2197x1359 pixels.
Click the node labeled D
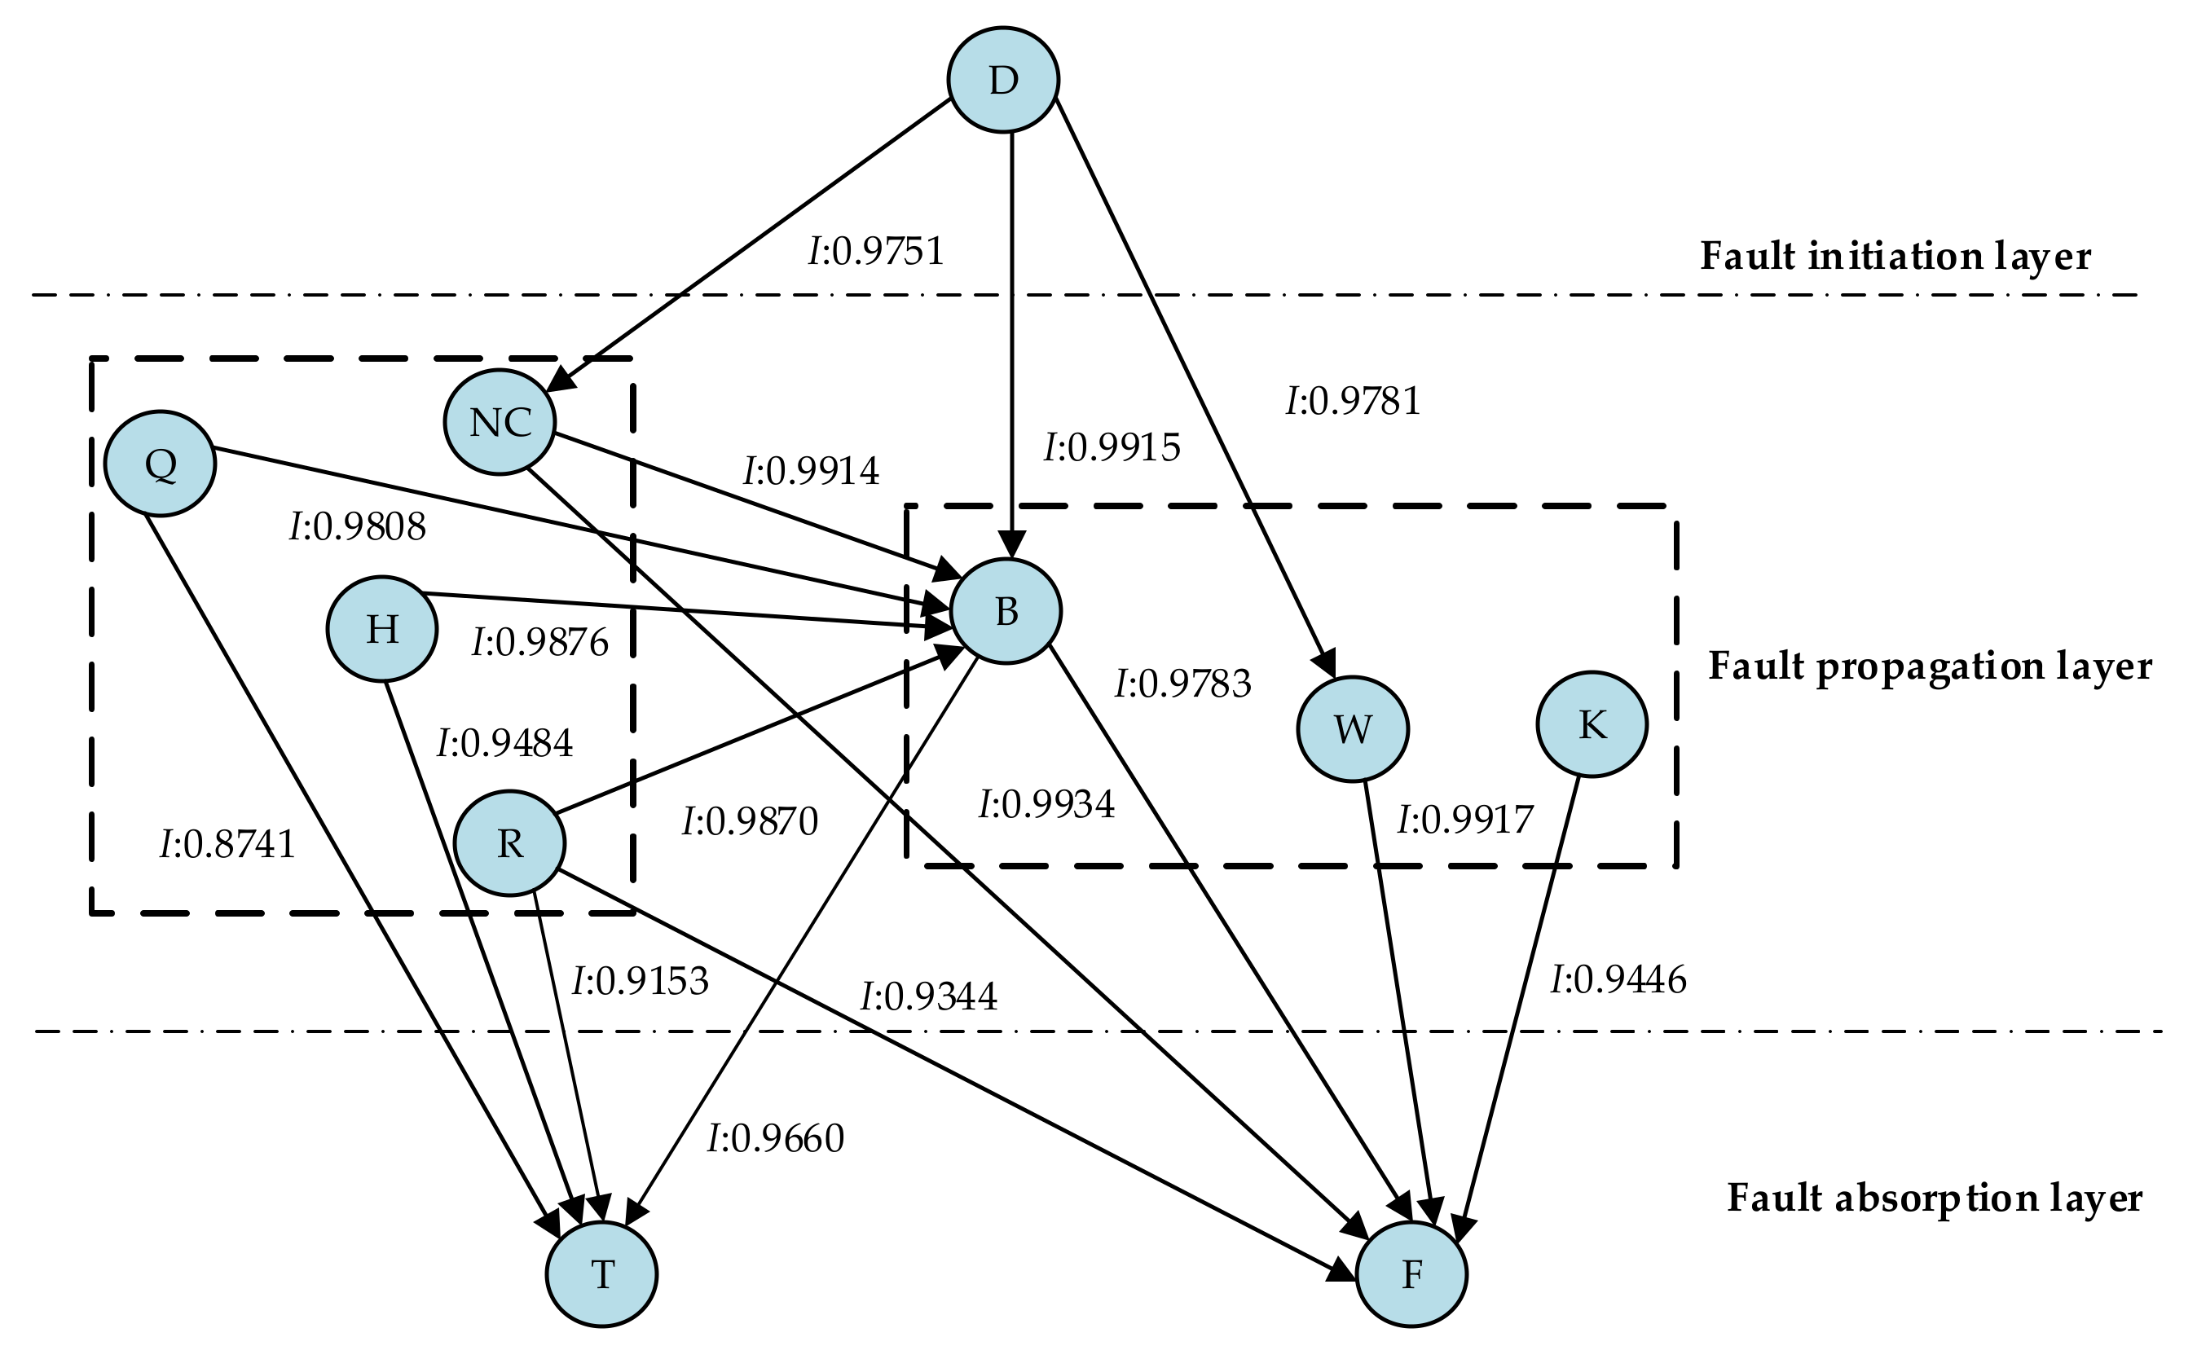tap(1003, 80)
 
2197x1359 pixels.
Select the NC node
tap(500, 421)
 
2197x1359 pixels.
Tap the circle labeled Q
tap(160, 464)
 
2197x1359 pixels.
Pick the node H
tap(382, 628)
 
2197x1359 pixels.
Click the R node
tap(509, 843)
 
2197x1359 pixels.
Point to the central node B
tap(1006, 611)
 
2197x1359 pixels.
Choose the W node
tap(1352, 729)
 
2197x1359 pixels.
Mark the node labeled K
tap(1592, 723)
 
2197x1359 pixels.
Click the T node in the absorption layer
tap(601, 1274)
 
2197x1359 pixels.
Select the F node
tap(1411, 1274)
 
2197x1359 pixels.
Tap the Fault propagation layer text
tap(1929, 667)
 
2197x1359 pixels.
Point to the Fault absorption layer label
tap(1935, 1199)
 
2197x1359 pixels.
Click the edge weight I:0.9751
tap(877, 252)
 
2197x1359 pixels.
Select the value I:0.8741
tap(227, 845)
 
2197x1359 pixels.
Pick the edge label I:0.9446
tap(1618, 979)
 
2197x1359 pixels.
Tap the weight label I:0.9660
tap(776, 1139)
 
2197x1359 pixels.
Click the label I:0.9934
tap(1046, 804)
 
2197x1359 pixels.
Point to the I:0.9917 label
tap(1465, 820)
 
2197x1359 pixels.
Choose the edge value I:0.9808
tap(358, 528)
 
